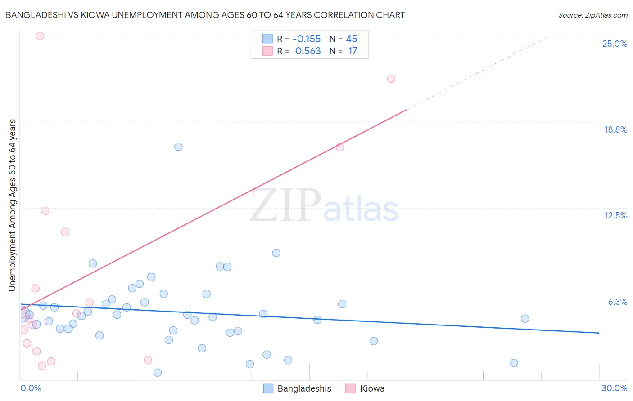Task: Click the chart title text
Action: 205,15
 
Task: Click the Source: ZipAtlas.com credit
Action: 592,15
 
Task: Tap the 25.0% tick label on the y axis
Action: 614,44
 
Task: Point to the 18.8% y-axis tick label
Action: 615,129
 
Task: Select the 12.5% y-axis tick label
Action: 615,215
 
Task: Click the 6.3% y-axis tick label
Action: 617,302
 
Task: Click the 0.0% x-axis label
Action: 31,388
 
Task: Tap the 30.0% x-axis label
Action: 614,388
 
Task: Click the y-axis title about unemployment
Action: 13,205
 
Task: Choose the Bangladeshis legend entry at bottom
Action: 304,388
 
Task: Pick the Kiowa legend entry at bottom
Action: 371,388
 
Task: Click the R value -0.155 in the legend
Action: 306,39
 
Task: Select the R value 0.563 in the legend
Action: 307,51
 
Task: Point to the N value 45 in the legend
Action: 351,39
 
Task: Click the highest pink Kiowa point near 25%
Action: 40,36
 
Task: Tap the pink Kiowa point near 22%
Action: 391,79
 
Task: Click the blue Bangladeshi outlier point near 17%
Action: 178,147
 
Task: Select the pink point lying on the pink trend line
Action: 340,147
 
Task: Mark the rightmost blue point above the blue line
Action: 525,319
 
